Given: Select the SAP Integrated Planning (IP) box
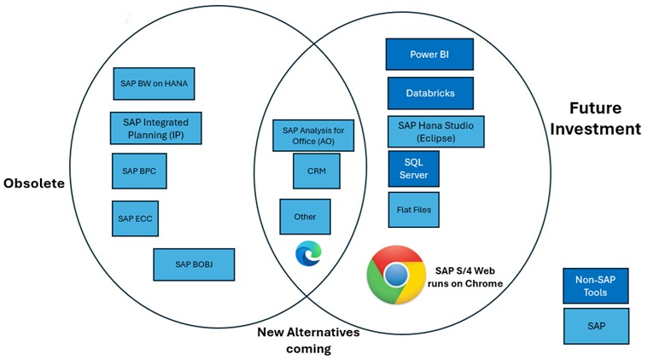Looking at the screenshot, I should point(155,128).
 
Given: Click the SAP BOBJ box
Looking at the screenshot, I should point(194,264).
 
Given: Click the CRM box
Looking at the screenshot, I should point(316,171).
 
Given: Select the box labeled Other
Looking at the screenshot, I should point(305,217).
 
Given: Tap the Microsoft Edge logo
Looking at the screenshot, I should point(307,253).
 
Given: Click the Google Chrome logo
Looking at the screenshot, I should point(395,275).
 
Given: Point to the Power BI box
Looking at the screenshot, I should point(429,55).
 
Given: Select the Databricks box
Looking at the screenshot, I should point(429,93).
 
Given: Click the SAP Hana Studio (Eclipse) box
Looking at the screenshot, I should point(435,131).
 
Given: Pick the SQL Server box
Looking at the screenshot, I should point(413,168).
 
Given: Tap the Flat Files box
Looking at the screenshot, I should point(413,209).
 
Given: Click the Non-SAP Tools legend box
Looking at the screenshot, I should point(595,286).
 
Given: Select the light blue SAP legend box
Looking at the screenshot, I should point(595,326).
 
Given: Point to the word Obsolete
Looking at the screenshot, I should point(33,183).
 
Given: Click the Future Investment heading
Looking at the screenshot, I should point(604,119).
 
